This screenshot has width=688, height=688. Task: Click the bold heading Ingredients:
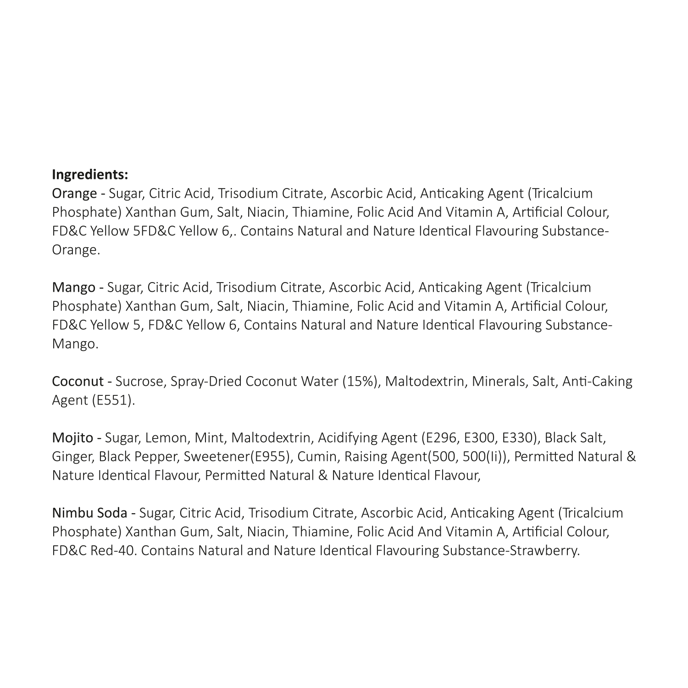(90, 175)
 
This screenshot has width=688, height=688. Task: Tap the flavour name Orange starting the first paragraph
(74, 194)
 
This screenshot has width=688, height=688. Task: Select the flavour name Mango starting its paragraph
(74, 288)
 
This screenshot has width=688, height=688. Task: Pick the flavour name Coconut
(78, 381)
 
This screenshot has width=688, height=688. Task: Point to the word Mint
(209, 438)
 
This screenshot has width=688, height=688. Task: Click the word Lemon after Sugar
(166, 438)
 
